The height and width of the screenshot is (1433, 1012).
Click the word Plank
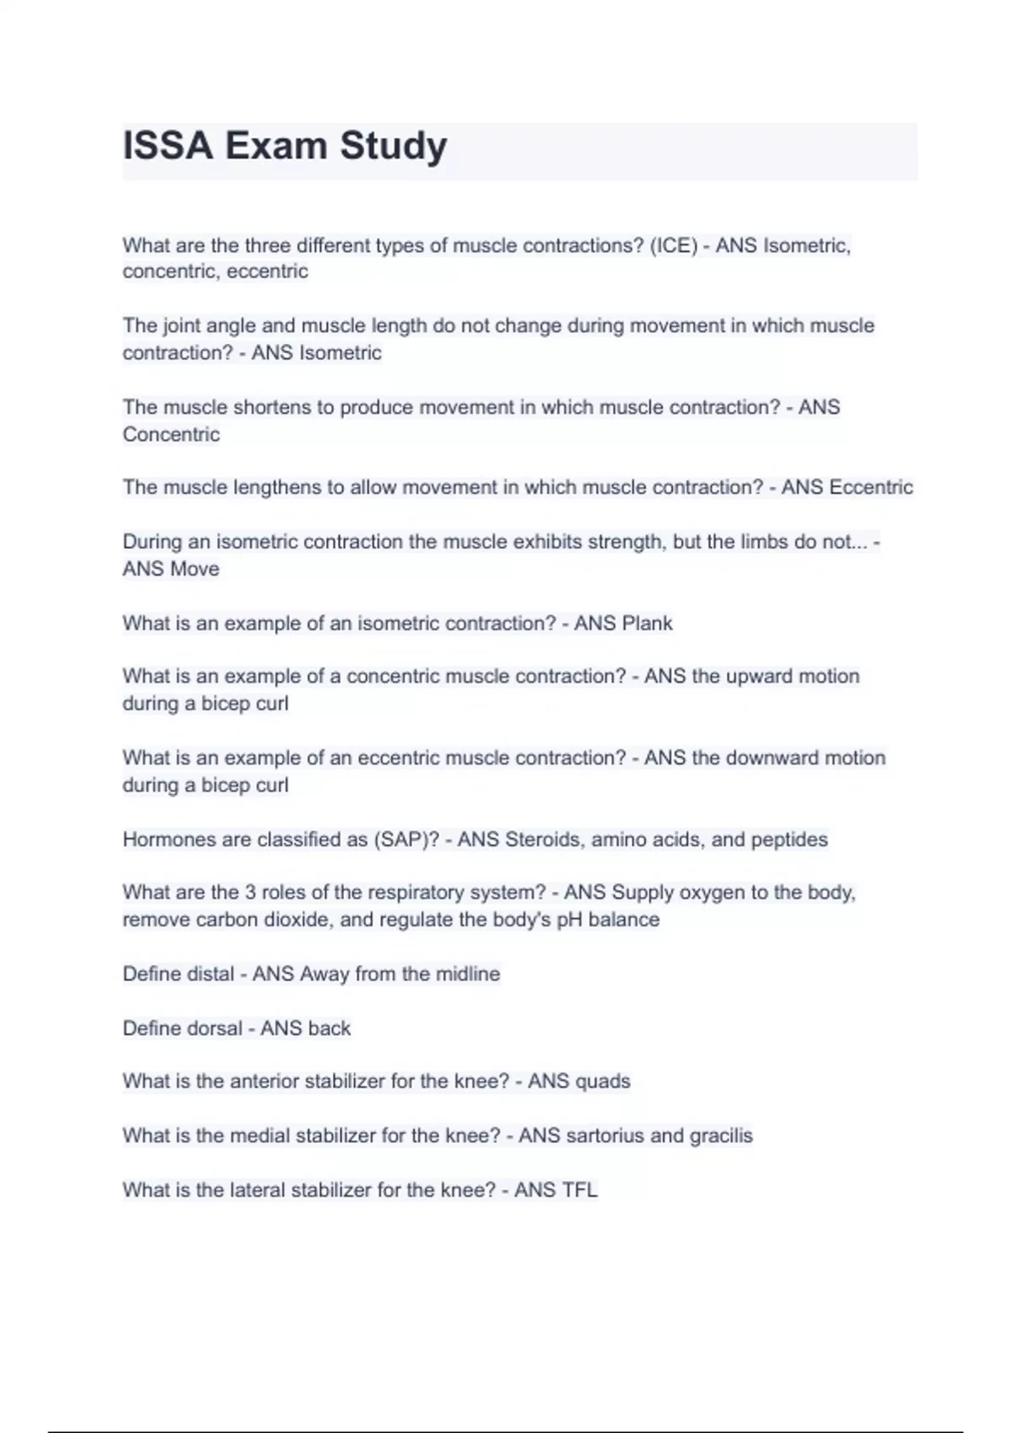pos(647,624)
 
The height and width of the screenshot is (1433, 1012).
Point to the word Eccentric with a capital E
pos(871,487)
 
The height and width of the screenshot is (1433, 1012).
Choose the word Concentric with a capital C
pos(171,435)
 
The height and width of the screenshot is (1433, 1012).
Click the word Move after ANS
pos(196,569)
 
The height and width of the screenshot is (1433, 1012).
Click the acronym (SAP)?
pos(406,840)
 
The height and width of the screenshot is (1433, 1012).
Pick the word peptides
pos(789,840)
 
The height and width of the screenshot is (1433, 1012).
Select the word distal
pos(207,974)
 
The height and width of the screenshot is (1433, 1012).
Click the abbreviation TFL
pos(579,1190)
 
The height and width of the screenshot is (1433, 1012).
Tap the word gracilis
pos(721,1136)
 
